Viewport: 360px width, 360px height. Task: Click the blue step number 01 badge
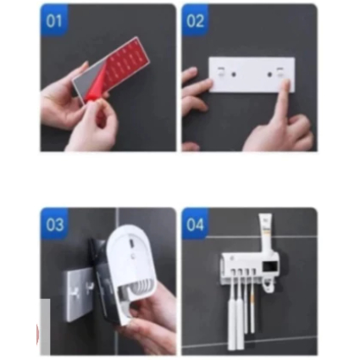(x=54, y=20)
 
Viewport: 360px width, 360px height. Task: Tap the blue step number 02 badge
(x=195, y=20)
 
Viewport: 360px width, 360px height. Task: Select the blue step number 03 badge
(x=54, y=224)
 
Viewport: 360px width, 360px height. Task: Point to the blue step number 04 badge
(x=195, y=224)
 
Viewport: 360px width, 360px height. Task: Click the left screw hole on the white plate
(x=234, y=75)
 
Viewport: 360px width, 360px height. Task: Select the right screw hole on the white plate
(x=269, y=75)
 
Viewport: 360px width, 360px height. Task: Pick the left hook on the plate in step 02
(x=221, y=71)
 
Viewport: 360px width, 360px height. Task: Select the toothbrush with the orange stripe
(x=252, y=304)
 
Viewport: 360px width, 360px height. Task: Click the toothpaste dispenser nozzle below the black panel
(x=267, y=285)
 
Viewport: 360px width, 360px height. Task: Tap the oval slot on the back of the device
(x=131, y=242)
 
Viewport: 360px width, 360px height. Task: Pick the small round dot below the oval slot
(x=131, y=256)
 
